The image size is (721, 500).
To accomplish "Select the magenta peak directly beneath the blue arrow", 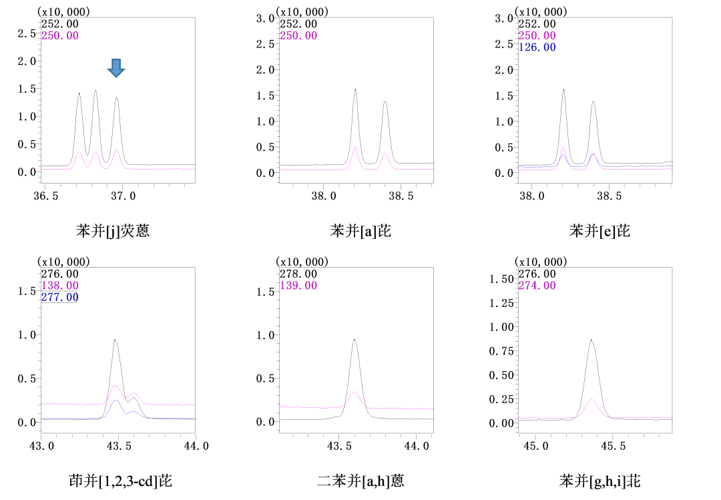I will click(117, 152).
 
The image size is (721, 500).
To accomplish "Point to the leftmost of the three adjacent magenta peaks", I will click(79, 154).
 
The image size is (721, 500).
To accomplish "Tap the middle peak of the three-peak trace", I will click(95, 154).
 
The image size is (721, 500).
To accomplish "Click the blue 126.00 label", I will click(537, 47).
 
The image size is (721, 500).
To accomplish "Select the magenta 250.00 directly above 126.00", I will click(537, 35).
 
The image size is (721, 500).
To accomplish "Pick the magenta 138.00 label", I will click(59, 286).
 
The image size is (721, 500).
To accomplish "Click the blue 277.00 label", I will click(59, 298).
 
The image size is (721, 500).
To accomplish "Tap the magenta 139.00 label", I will click(298, 286).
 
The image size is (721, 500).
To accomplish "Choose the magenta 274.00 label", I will click(537, 286).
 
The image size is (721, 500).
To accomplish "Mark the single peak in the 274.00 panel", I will click(591, 401).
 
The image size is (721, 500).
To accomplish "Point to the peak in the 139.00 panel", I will click(354, 393).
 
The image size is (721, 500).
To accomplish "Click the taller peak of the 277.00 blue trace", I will click(116, 401).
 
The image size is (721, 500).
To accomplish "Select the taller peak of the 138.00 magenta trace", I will click(115, 387).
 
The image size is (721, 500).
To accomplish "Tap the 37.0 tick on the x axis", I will click(124, 196).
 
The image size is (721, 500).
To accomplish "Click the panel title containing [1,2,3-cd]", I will click(120, 481).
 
